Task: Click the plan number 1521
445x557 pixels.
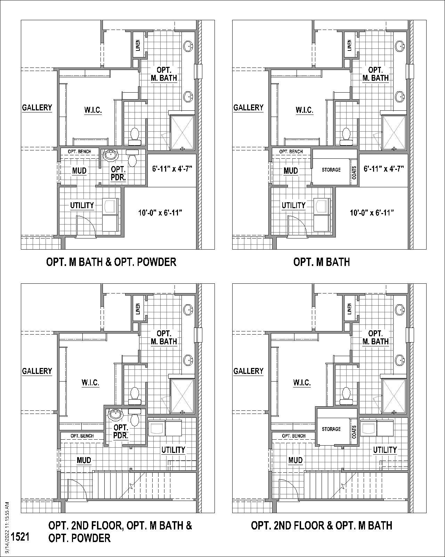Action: point(20,536)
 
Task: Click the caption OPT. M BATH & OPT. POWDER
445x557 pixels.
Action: point(111,262)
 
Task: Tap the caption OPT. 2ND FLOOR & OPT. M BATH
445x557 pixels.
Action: point(322,525)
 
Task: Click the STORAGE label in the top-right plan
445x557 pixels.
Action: point(331,170)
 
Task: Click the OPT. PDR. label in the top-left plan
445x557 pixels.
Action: point(118,173)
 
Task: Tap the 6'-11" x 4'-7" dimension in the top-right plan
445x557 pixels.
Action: point(383,169)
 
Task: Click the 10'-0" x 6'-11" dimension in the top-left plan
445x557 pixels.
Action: point(160,212)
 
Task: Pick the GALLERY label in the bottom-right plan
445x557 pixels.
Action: point(248,371)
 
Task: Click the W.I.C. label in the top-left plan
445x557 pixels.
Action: point(93,110)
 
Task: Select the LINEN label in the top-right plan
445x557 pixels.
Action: point(349,45)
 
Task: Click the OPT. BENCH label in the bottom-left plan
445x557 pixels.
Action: point(82,436)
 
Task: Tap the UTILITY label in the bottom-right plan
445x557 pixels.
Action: point(385,450)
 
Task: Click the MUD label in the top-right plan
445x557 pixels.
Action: point(291,171)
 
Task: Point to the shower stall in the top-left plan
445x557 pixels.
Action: point(182,133)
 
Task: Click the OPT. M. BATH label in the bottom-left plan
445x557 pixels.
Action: point(164,338)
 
